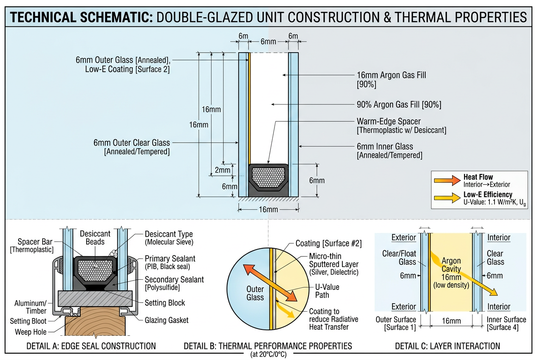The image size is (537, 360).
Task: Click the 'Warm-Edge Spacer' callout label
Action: pyautogui.click(x=389, y=121)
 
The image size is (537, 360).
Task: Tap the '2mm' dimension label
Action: pyautogui.click(x=222, y=170)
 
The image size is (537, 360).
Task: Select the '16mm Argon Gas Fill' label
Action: pyautogui.click(x=391, y=75)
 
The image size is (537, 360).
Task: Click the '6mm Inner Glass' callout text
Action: pyautogui.click(x=385, y=146)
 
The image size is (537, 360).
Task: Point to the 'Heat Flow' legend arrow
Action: pyautogui.click(x=447, y=180)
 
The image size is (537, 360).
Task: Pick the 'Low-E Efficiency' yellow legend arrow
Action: pyautogui.click(x=447, y=198)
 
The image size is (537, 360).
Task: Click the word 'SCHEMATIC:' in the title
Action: pyautogui.click(x=116, y=17)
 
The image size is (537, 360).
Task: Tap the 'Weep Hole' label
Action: pyautogui.click(x=31, y=332)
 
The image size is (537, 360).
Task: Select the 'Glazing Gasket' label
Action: pyautogui.click(x=167, y=320)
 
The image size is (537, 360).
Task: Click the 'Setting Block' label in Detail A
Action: pyautogui.click(x=165, y=303)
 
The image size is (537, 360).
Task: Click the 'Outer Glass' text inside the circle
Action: pyautogui.click(x=255, y=293)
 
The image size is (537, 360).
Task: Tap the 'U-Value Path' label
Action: pyautogui.click(x=327, y=291)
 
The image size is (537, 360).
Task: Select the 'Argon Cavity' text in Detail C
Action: pyautogui.click(x=451, y=264)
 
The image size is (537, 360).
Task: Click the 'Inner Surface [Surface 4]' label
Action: pyautogui.click(x=506, y=323)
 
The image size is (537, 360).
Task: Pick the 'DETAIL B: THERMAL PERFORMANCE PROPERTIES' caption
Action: pyautogui.click(x=268, y=346)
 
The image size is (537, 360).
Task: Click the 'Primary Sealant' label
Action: pyautogui.click(x=170, y=259)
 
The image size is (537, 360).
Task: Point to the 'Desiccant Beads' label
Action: pyautogui.click(x=95, y=238)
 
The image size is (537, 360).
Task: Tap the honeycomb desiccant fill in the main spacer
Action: pyautogui.click(x=268, y=177)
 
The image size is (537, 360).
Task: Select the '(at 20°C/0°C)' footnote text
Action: pyautogui.click(x=268, y=354)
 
